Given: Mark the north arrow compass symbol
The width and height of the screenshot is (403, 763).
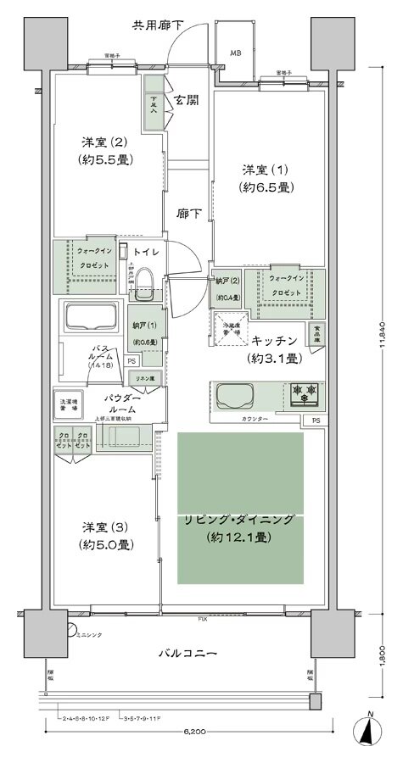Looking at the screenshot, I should pyautogui.click(x=371, y=727).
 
